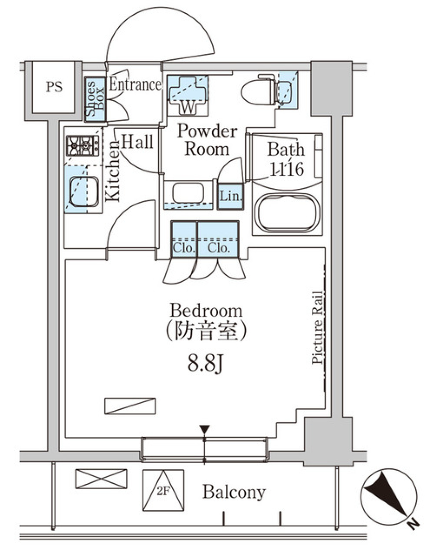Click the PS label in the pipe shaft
54,87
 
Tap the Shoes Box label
95,99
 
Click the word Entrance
135,84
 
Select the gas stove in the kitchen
83,146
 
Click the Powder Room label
206,140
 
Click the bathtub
287,214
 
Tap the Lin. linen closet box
231,196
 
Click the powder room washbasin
188,193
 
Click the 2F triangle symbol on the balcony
163,490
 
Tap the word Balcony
234,492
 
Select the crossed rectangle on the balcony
101,479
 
